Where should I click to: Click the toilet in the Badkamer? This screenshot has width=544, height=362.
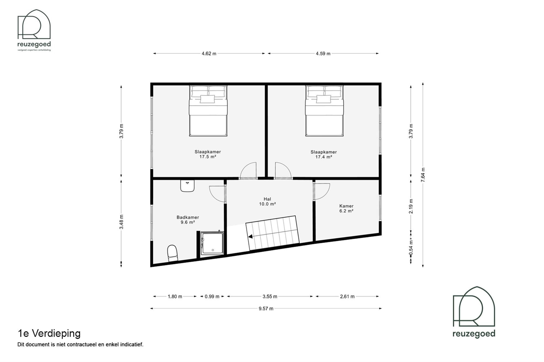tap(172, 253)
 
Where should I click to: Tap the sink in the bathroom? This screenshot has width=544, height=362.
tap(187, 186)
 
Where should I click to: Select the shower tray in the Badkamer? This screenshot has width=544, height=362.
tap(212, 243)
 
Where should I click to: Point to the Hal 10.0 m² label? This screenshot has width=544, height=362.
tap(267, 202)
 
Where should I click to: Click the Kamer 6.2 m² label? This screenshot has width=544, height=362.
tap(346, 208)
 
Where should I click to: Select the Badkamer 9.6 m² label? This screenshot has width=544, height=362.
tap(188, 220)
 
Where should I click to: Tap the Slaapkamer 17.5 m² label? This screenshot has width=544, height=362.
tap(208, 154)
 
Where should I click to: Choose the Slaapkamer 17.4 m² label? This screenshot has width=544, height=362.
tap(324, 154)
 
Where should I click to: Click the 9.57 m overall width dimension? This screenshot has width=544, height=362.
tap(266, 308)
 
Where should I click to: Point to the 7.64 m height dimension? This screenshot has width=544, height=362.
tap(423, 175)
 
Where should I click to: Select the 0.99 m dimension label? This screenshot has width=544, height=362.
tap(212, 296)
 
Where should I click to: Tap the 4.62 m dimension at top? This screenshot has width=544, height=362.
tap(209, 54)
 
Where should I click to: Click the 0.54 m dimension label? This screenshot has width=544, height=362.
tap(411, 247)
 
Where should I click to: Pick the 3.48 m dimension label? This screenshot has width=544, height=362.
tap(121, 222)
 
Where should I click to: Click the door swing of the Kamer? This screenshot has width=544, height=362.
tap(322, 191)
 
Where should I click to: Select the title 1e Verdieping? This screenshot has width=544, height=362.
tap(49, 333)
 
